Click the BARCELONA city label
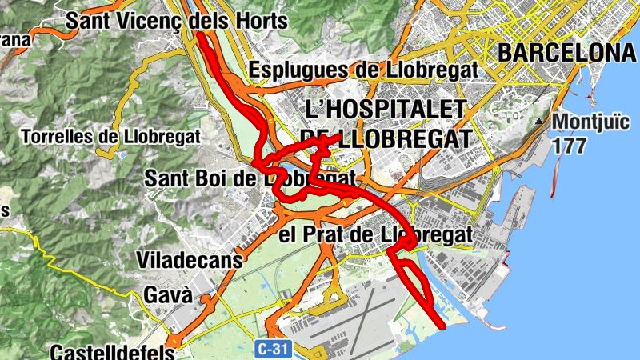pyautogui.click(x=566, y=53)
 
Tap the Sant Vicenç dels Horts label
pyautogui.click(x=175, y=21)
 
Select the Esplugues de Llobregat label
pyautogui.click(x=364, y=70)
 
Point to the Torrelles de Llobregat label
pyautogui.click(x=112, y=137)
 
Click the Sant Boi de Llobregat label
pyautogui.click(x=250, y=178)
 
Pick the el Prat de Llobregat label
pyautogui.click(x=377, y=236)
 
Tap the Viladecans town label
pyautogui.click(x=190, y=261)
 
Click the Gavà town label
pyautogui.click(x=167, y=294)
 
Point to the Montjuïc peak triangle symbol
pyautogui.click(x=541, y=122)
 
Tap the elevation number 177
pyautogui.click(x=569, y=146)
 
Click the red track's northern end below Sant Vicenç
pyautogui.click(x=201, y=36)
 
